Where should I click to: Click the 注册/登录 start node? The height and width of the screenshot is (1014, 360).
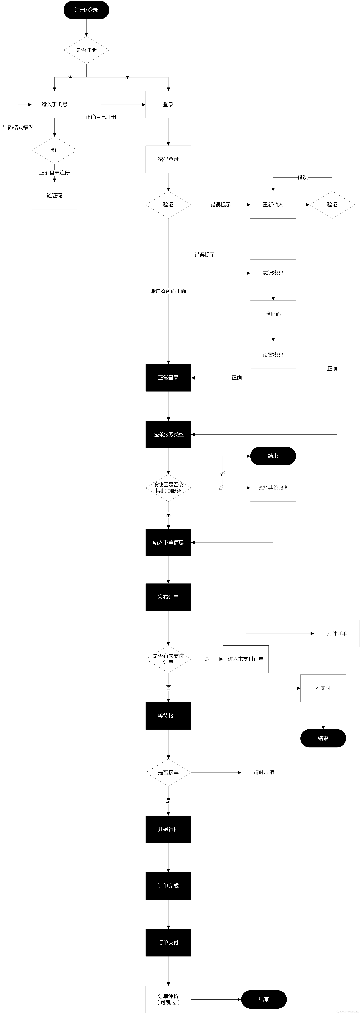(86, 10)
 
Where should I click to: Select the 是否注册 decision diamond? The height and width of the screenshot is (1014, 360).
(86, 50)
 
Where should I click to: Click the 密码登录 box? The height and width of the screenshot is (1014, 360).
(168, 159)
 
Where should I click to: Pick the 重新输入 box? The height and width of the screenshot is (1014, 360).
(273, 205)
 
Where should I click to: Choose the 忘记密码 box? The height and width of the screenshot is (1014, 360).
(273, 273)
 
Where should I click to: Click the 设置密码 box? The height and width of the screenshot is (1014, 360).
(273, 355)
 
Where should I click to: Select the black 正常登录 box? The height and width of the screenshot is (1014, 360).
(168, 377)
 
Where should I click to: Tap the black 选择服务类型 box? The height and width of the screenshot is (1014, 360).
(168, 434)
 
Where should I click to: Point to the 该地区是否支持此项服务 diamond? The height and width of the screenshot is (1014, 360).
(168, 488)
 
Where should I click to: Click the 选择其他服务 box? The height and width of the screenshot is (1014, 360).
(273, 488)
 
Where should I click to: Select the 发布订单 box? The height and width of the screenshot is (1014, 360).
(168, 597)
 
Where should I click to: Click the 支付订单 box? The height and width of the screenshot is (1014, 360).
(337, 633)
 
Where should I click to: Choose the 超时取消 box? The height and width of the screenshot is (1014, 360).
(264, 772)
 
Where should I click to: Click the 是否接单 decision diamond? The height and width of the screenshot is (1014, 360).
(168, 772)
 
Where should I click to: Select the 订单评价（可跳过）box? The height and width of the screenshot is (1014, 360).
(168, 999)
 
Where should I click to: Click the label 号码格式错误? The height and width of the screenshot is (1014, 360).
(18, 127)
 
